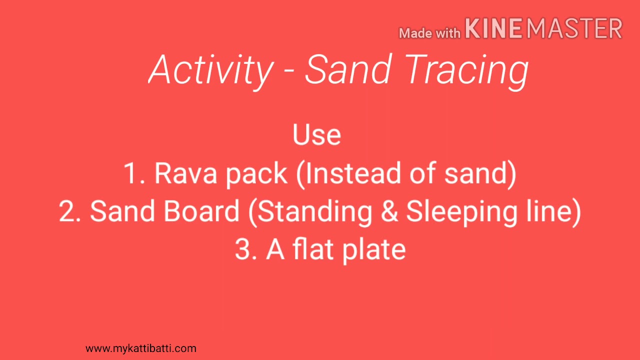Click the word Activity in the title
point(210,70)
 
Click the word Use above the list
point(316,135)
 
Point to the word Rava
point(186,173)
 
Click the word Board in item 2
point(201,211)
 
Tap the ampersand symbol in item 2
point(389,211)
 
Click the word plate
point(373,250)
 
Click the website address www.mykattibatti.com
point(141,348)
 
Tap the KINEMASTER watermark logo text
point(543,28)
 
